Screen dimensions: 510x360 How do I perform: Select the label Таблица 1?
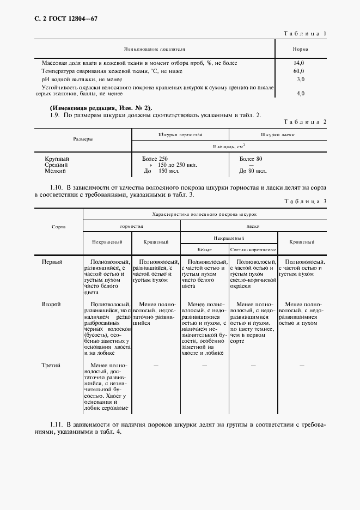click(x=306, y=34)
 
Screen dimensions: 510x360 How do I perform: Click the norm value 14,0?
click(x=299, y=63)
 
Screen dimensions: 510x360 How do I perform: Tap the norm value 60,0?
click(x=299, y=71)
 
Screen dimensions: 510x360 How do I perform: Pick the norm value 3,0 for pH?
click(x=300, y=80)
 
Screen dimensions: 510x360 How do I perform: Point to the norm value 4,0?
click(x=300, y=94)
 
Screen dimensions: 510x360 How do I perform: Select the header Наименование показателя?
click(x=154, y=48)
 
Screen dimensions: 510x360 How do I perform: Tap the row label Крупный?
click(x=57, y=159)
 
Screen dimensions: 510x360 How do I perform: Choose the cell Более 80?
click(x=251, y=159)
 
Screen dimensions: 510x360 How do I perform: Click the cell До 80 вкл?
click(x=253, y=171)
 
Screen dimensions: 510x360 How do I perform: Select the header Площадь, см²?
click(x=229, y=147)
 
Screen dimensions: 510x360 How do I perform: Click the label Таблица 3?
click(x=306, y=202)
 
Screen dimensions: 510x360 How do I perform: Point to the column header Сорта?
click(x=59, y=226)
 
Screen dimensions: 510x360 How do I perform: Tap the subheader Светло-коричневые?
click(x=253, y=249)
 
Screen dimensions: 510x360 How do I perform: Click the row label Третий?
click(x=52, y=366)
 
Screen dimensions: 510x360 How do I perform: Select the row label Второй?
click(x=52, y=303)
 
